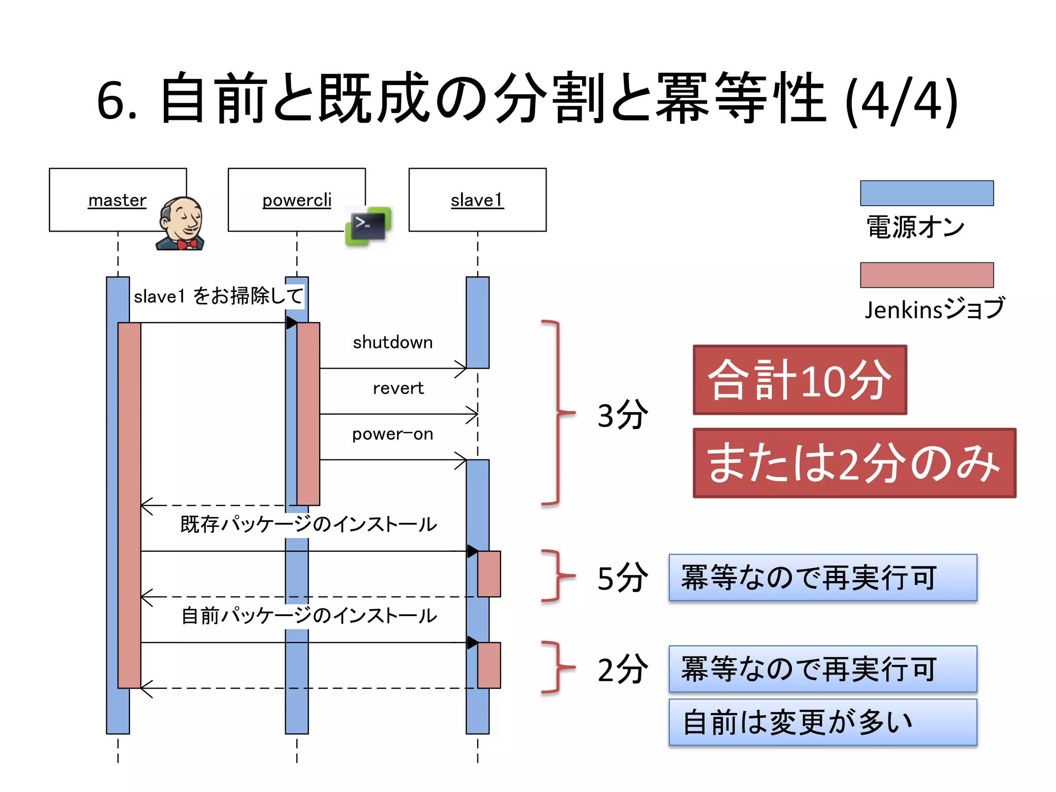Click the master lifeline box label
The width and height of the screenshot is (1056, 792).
point(117,200)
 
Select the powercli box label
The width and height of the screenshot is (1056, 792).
point(296,200)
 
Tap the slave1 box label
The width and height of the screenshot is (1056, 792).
point(477,200)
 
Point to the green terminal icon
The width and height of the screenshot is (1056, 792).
point(369,226)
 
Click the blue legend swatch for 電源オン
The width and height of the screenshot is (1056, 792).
point(927,193)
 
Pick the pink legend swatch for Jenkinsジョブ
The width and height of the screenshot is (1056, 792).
point(927,275)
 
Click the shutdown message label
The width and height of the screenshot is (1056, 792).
point(392,342)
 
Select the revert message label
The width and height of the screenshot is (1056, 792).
point(398,388)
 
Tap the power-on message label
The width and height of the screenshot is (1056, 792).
point(392,434)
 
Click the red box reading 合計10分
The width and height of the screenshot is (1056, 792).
point(800,380)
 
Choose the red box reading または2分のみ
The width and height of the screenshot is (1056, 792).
point(854,463)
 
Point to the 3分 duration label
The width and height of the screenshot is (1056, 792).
point(622,415)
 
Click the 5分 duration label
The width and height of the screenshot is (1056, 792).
point(622,577)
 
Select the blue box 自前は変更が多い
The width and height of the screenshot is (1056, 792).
point(823,722)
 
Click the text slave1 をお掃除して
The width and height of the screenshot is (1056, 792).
point(218,296)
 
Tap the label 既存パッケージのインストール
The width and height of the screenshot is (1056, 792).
point(308,524)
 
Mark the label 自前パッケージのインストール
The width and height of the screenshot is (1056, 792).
point(308,616)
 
